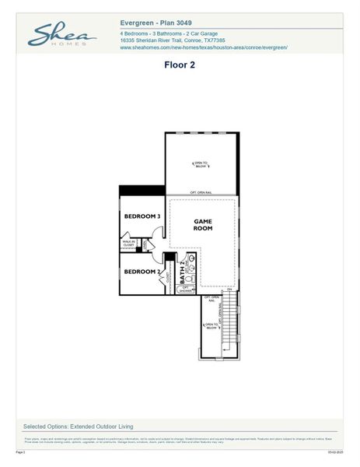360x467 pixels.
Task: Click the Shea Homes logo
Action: (61, 35)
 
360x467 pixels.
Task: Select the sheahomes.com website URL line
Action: (204, 47)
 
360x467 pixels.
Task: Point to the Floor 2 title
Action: (179, 65)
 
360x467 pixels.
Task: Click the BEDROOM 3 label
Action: (142, 216)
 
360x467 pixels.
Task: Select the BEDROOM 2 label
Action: (142, 271)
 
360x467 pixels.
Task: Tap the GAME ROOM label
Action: (203, 225)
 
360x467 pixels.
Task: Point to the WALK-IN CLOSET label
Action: (128, 244)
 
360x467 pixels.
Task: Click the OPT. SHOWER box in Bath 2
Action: (185, 289)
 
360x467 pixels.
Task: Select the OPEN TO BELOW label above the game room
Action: (201, 163)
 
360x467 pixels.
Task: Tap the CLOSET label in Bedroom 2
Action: (168, 278)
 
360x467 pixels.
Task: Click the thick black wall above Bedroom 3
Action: (142, 191)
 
